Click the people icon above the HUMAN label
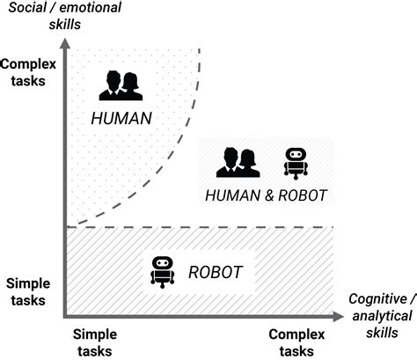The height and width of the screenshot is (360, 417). coord(121,86)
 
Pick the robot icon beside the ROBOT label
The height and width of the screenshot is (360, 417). coord(162,271)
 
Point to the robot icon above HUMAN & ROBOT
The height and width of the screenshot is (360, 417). coord(296,164)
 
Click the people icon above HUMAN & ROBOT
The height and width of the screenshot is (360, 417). coord(236,162)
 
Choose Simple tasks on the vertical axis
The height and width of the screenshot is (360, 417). coord(28,291)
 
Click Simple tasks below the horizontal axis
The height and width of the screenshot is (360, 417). coord(94,342)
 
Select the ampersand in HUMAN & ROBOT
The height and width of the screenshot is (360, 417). coord(266,195)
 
